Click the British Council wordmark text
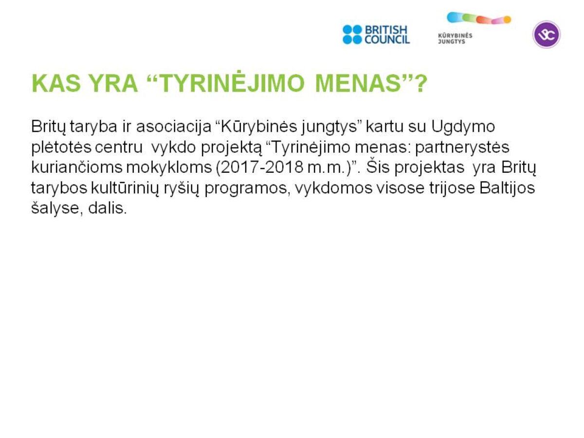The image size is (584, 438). point(387,35)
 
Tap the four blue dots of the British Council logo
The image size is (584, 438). point(352,35)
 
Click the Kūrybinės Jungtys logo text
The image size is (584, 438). point(455,38)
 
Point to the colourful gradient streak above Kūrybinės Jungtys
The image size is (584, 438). point(479,18)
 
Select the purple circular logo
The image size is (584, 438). point(547,35)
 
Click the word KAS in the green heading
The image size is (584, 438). point(56,84)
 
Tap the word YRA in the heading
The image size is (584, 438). point(114,84)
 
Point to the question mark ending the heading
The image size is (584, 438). point(420,84)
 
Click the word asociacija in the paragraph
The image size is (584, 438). point(174,127)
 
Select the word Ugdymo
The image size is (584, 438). point(463,128)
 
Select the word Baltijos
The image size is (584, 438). point(507,188)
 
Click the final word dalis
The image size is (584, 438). point(108,208)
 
